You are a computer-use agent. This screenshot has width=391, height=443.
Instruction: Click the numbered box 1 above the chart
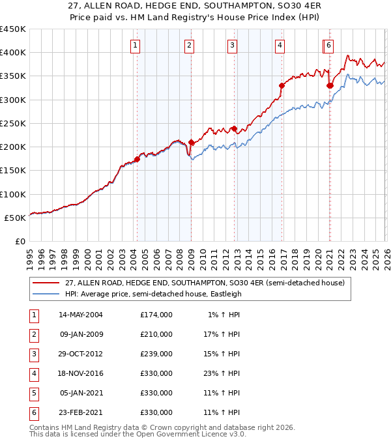pos(134,45)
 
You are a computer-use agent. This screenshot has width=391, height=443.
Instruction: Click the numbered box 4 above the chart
pos(279,45)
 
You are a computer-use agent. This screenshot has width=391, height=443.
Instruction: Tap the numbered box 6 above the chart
pos(329,45)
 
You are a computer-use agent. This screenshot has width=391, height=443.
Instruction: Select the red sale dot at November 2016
pos(282,85)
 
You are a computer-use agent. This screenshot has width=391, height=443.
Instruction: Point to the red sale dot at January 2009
pos(191,142)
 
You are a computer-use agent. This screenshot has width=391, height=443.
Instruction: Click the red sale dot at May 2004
pos(137,159)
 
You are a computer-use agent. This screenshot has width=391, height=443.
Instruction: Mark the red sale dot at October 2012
pos(234,128)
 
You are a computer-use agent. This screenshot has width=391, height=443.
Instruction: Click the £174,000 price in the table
pos(156,315)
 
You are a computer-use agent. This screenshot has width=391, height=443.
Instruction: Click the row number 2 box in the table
pos(32,334)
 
